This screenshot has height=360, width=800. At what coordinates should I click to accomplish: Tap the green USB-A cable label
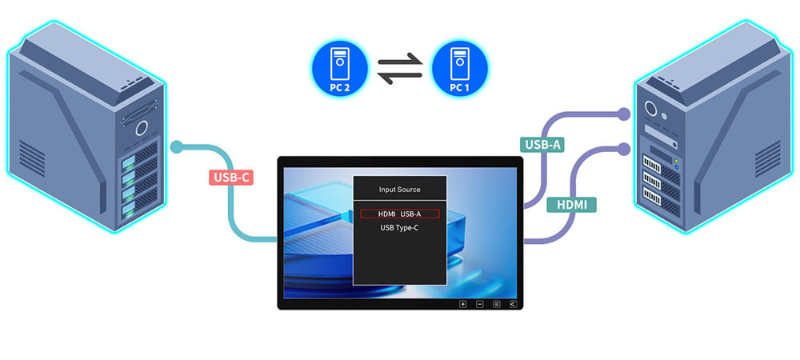pos(542,145)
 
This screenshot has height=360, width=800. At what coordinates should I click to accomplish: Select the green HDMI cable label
pos(571,205)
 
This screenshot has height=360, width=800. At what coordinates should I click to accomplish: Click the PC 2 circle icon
pos(339,70)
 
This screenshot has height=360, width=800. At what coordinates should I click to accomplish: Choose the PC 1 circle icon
pos(460,70)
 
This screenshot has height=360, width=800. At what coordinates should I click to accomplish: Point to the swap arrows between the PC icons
pos(399,70)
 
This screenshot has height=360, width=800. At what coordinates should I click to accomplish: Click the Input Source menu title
pos(399,190)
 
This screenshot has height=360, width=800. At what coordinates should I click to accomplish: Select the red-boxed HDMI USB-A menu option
pos(399,214)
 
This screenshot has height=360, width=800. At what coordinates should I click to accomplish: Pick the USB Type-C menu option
pos(399,229)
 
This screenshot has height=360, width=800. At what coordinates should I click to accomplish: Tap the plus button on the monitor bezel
pos(462,304)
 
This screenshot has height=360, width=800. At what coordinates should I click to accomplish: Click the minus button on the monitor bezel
pos(480,304)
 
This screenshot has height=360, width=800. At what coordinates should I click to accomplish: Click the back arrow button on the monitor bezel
pos(513,304)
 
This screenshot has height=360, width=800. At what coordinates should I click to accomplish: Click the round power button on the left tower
pos(142,128)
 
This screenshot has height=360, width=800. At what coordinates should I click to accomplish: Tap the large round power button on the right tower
pos(652,111)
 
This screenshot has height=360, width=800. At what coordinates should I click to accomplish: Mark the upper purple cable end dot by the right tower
pos(626,113)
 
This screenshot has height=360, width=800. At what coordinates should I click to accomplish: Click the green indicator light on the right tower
pos(676,162)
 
